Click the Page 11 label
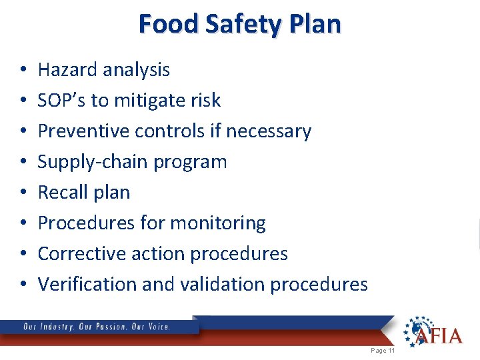383,351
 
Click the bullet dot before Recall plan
23,193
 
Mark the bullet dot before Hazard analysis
23,70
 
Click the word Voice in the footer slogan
158,327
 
